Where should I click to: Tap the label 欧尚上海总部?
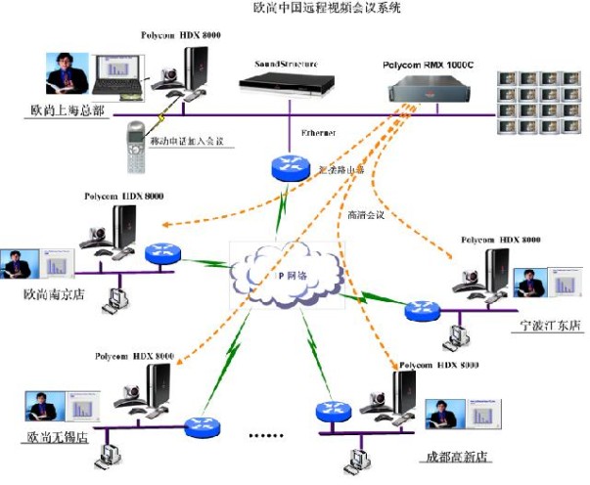(63, 111)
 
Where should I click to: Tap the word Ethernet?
(318, 132)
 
